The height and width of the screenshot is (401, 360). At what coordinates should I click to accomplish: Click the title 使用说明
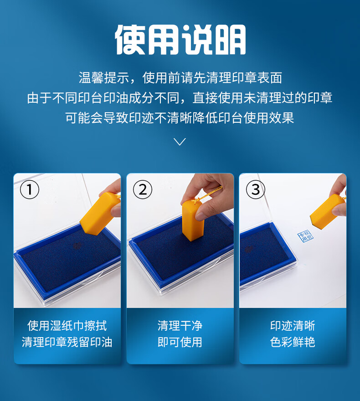pyautogui.click(x=180, y=40)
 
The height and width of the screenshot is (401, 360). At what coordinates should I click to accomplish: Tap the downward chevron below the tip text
pyautogui.click(x=180, y=141)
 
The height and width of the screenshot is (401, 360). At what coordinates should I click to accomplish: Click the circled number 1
pyautogui.click(x=30, y=190)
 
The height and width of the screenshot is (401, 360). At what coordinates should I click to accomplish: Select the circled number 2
pyautogui.click(x=143, y=190)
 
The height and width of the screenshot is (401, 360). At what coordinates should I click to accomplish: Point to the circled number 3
pyautogui.click(x=256, y=190)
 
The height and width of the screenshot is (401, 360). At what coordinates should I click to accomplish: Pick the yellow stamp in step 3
pyautogui.click(x=328, y=211)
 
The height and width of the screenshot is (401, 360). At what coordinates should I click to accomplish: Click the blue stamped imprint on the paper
pyautogui.click(x=305, y=236)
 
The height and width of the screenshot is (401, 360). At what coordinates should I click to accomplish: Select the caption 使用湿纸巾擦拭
pyautogui.click(x=67, y=326)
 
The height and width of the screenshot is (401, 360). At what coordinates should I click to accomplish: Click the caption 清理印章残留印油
pyautogui.click(x=67, y=342)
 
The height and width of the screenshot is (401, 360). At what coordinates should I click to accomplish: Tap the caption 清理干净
pyautogui.click(x=180, y=326)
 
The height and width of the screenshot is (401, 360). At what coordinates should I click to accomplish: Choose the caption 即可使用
pyautogui.click(x=180, y=342)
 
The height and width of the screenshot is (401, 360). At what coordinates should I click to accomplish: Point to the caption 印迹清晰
pyautogui.click(x=293, y=326)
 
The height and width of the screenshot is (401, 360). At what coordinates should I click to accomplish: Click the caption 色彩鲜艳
pyautogui.click(x=293, y=342)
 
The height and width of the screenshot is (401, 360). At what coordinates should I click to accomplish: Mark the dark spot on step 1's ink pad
pyautogui.click(x=77, y=246)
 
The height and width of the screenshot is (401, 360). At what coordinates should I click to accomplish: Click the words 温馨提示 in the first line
pyautogui.click(x=104, y=78)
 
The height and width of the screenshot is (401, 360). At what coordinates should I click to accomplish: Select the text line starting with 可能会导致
pyautogui.click(x=180, y=118)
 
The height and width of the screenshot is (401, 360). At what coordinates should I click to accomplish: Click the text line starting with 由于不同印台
pyautogui.click(x=180, y=98)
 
